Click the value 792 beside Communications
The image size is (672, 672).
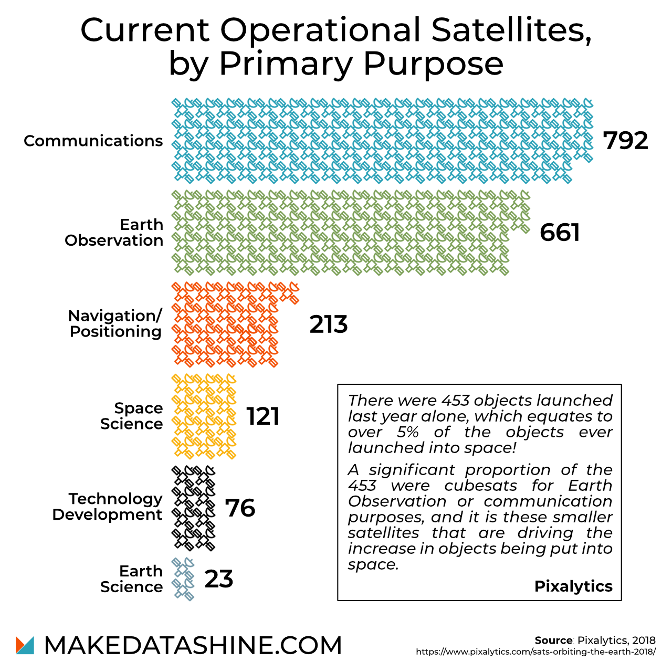click(x=625, y=141)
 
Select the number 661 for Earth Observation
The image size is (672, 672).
click(x=560, y=233)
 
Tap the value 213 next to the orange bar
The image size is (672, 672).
click(x=329, y=324)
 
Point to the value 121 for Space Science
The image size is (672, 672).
click(x=263, y=416)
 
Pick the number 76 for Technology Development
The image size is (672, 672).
click(x=240, y=508)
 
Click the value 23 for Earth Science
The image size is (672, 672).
click(x=219, y=579)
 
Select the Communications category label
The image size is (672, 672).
click(x=93, y=141)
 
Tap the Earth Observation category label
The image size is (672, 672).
click(x=114, y=233)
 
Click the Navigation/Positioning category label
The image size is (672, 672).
click(x=115, y=324)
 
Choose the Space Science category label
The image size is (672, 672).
click(x=131, y=416)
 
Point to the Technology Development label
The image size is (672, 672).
click(x=108, y=507)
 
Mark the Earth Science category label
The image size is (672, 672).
click(x=131, y=579)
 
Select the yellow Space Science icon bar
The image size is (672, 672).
click(x=204, y=416)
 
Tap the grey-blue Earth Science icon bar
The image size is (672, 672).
click(x=183, y=579)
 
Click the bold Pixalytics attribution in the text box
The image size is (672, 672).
click(x=573, y=586)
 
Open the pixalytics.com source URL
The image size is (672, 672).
click(x=535, y=652)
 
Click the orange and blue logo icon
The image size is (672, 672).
click(x=25, y=645)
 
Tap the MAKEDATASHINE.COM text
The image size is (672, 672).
click(x=193, y=646)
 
